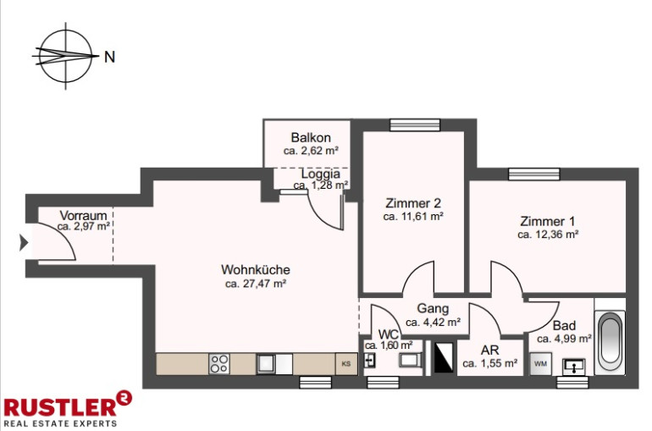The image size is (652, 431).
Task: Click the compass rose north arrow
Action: pyautogui.click(x=66, y=56)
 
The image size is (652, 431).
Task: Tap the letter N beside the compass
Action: pyautogui.click(x=109, y=57)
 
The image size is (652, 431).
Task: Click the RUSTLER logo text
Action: pyautogui.click(x=61, y=407)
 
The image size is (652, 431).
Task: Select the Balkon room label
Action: pyautogui.click(x=311, y=137)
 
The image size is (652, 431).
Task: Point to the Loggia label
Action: pyautogui.click(x=321, y=174)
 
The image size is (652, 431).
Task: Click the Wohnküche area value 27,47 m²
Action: pyautogui.click(x=256, y=284)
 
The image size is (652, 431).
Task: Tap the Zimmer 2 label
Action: pyautogui.click(x=413, y=203)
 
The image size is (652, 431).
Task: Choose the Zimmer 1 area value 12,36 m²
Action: pyautogui.click(x=548, y=235)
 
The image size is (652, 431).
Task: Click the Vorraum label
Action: pyautogui.click(x=83, y=215)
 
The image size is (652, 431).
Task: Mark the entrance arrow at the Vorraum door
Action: pyautogui.click(x=24, y=242)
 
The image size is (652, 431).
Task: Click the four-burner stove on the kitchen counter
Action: pyautogui.click(x=219, y=363)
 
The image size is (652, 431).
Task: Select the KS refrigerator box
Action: pyautogui.click(x=346, y=363)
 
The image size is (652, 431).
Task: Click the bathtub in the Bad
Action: pyautogui.click(x=610, y=342)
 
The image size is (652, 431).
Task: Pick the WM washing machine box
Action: pyautogui.click(x=540, y=364)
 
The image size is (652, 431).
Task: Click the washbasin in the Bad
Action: pyautogui.click(x=574, y=367)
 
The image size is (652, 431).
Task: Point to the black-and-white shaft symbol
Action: pyautogui.click(x=443, y=357)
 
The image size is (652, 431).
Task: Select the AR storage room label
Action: pyautogui.click(x=489, y=350)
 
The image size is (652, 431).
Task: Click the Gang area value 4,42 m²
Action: pyautogui.click(x=433, y=322)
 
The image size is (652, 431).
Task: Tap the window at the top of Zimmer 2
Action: pyautogui.click(x=415, y=125)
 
